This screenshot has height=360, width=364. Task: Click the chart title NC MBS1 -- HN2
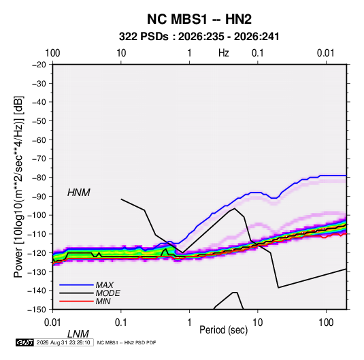point(199,19)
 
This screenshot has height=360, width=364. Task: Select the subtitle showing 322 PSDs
point(199,37)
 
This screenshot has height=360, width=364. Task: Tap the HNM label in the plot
point(79,193)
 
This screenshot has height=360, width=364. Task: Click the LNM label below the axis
point(78,334)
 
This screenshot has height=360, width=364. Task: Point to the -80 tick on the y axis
point(39,178)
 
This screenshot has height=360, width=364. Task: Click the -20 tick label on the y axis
point(39,65)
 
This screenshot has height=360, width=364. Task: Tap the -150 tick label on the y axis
point(37,310)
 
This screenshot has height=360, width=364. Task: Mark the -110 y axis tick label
point(37,234)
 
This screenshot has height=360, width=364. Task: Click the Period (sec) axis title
point(224,330)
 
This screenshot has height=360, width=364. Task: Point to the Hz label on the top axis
point(224,53)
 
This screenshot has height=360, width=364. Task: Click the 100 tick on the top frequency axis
point(52,53)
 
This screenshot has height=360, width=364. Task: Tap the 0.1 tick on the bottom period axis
point(121,323)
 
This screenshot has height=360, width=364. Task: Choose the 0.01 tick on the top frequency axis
point(326,53)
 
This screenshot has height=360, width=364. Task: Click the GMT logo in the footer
point(24,342)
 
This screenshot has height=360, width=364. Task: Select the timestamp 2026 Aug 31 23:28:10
point(63,342)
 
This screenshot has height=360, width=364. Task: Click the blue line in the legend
point(76,285)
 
